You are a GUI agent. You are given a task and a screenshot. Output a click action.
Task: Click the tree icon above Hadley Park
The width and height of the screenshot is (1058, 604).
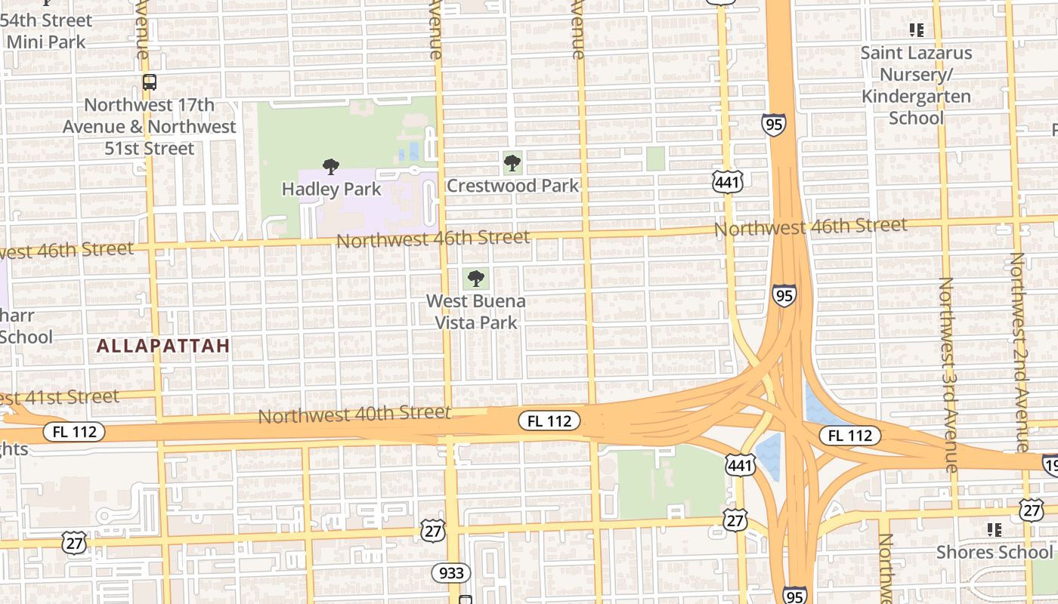(330, 167)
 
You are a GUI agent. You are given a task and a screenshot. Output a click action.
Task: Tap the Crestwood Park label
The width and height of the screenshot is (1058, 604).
(512, 186)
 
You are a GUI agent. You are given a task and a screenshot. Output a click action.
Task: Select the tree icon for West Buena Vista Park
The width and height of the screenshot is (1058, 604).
(475, 279)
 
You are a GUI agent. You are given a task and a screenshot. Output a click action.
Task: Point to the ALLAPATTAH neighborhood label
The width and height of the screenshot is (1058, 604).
(163, 346)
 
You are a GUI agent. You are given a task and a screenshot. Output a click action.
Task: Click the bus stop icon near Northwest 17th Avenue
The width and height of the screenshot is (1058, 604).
(150, 82)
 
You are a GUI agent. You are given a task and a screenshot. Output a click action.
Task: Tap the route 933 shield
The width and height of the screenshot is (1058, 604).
(451, 573)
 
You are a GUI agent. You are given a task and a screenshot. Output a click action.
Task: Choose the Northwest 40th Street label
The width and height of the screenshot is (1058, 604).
(354, 414)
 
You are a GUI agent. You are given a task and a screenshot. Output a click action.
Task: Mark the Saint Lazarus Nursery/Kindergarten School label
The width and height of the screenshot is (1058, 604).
(916, 85)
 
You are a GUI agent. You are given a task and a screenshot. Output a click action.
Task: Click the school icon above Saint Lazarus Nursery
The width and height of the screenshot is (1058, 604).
(916, 30)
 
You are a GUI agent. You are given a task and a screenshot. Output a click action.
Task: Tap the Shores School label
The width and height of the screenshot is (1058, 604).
(994, 552)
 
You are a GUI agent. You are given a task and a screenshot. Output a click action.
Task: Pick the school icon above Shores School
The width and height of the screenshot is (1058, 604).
(994, 530)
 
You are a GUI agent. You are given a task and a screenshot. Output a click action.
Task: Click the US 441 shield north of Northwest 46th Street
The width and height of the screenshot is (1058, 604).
(727, 181)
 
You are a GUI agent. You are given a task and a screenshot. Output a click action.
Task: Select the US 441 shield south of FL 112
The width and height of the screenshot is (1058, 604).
(740, 465)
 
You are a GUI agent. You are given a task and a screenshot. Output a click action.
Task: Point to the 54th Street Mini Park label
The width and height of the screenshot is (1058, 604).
(46, 30)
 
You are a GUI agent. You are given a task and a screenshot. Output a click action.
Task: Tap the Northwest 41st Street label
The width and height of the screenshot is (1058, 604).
(60, 397)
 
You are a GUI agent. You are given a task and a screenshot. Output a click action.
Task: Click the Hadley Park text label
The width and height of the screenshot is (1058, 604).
(331, 189)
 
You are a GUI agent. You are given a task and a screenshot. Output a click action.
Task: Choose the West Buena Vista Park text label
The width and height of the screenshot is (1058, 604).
(475, 312)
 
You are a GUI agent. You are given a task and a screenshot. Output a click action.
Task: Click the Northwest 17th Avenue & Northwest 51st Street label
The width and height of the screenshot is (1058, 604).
(149, 127)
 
